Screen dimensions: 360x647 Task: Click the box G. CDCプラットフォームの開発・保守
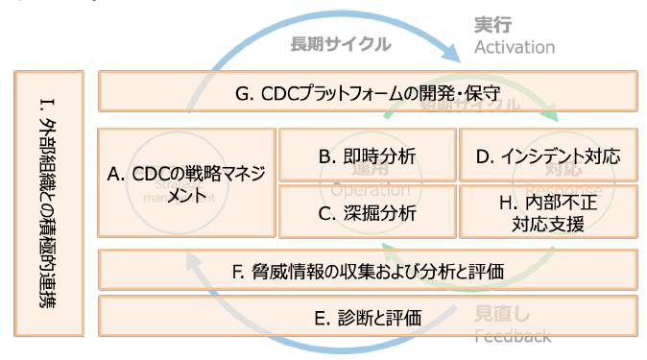tap(369, 92)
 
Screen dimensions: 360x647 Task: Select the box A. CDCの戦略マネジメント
tap(186, 182)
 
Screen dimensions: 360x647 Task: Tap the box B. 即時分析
tap(368, 155)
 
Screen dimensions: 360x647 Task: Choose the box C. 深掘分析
tap(368, 212)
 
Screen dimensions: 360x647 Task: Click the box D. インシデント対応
tap(548, 155)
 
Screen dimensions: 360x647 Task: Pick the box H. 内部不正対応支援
tap(548, 212)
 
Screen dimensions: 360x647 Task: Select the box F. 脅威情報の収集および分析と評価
tap(369, 270)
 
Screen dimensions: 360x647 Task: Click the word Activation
tap(515, 47)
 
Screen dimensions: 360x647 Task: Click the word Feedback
tap(514, 335)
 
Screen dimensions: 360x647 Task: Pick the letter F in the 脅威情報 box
tap(237, 270)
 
